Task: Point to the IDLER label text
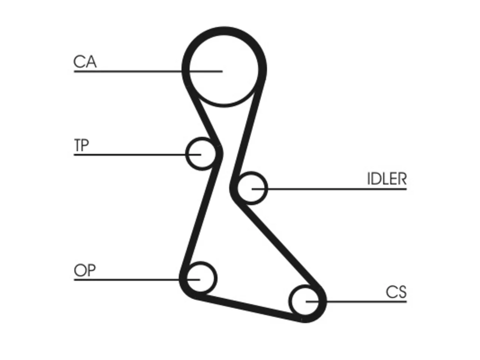[x=387, y=179]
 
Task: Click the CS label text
[x=396, y=292]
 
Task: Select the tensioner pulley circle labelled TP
[x=186, y=154]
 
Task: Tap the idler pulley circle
[x=267, y=188]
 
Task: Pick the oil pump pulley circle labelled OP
[x=216, y=278]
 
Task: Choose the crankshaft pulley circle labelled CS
[x=289, y=301]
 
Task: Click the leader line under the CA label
[x=148, y=71]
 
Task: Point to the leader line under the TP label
[x=137, y=155]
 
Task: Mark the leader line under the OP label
[x=137, y=280]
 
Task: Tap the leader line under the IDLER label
[x=329, y=189]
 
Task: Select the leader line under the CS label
[x=356, y=301]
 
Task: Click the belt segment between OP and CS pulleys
[x=249, y=308]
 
